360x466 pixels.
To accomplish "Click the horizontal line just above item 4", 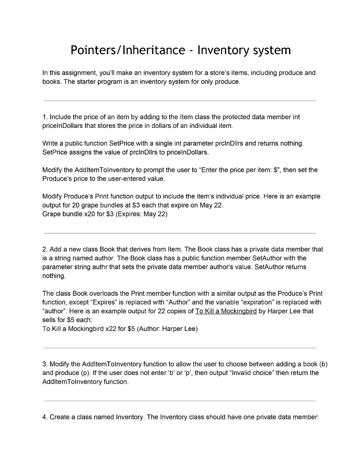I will [179, 401].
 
